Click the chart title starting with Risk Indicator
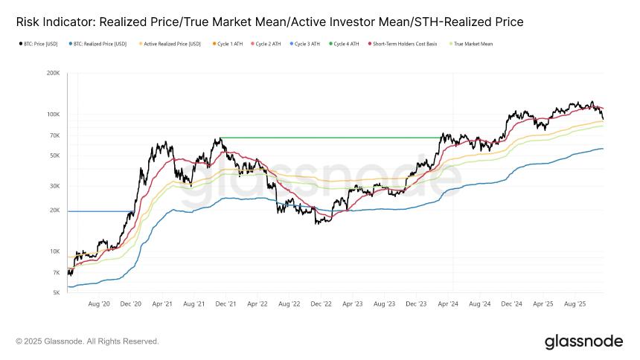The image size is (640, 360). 269,22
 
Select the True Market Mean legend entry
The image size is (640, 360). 473,44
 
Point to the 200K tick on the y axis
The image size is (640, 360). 53,73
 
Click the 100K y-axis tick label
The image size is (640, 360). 53,115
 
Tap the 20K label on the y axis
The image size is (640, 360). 54,210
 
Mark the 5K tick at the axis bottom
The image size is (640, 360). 56,293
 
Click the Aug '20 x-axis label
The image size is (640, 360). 99,304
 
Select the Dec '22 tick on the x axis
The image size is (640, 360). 321,304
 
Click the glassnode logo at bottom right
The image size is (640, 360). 583,341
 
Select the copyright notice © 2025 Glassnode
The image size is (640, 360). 87,341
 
